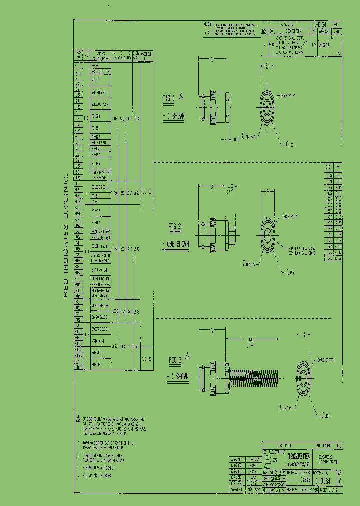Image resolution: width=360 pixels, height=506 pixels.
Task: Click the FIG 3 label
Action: point(174,360)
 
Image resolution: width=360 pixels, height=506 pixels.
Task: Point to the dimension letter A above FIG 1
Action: point(211,59)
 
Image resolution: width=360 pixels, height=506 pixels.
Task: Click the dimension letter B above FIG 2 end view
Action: point(268,191)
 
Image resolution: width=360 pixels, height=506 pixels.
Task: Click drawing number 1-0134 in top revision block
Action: point(320,24)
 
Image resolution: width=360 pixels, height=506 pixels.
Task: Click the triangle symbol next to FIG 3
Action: point(188,355)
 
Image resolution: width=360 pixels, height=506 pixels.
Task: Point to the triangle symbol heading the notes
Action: point(78,418)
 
